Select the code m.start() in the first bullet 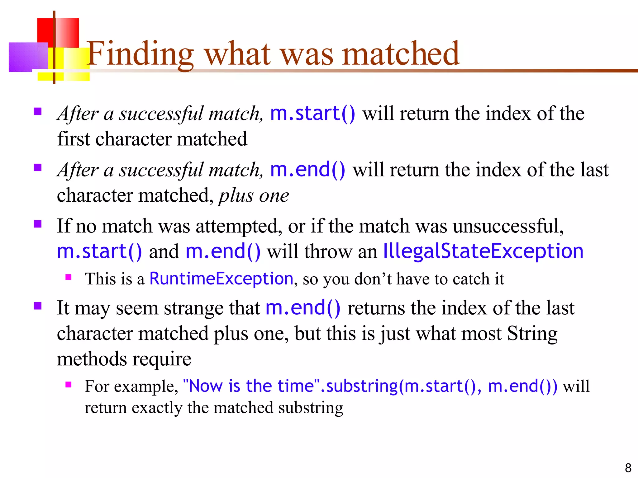312,113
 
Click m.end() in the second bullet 307,170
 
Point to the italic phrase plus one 254,196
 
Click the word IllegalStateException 483,251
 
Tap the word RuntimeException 221,279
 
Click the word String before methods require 532,334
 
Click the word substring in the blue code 362,386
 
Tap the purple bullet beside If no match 38,224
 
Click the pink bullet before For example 69,385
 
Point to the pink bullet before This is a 69,277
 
